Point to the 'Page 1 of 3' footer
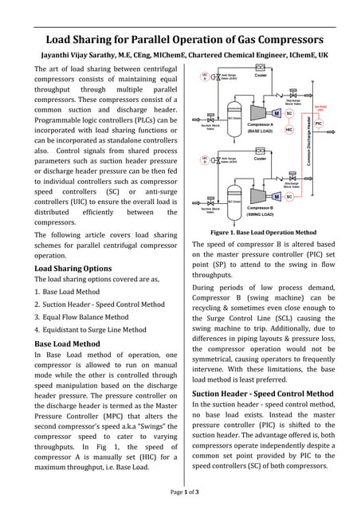click(184, 493)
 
